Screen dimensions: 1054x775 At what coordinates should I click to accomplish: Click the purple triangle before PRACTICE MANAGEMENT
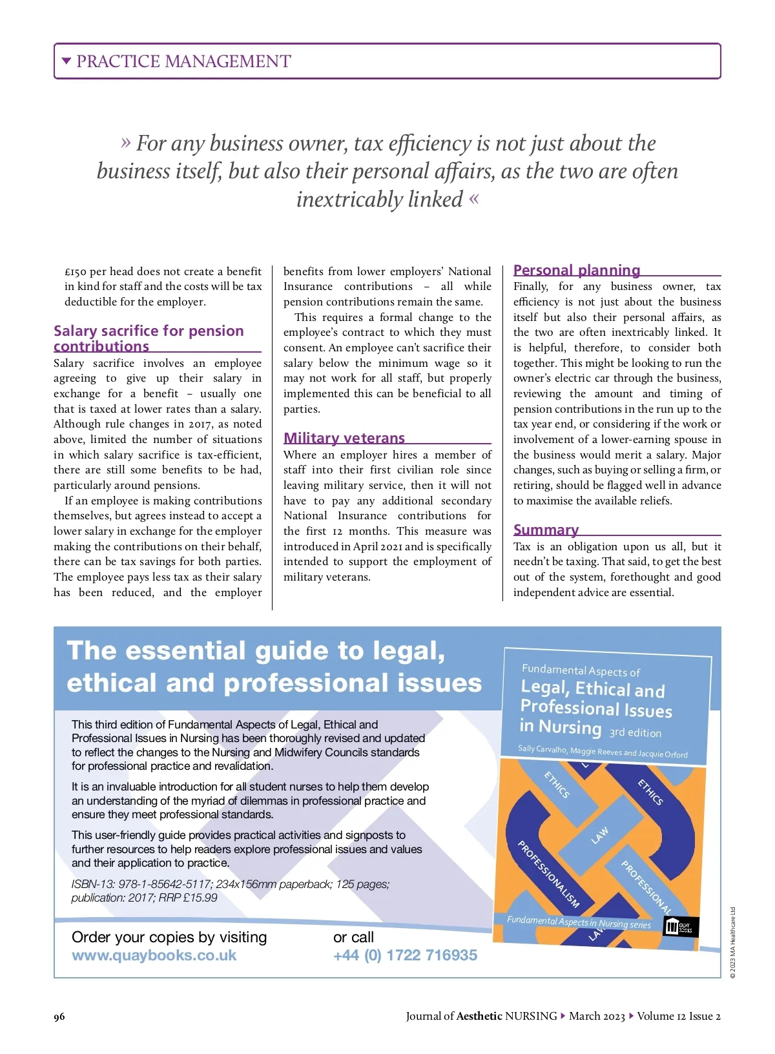point(66,61)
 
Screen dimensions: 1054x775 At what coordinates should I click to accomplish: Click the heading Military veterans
point(344,438)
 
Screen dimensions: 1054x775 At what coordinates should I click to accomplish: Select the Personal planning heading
point(577,270)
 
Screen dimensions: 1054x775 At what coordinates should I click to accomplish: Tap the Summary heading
point(546,530)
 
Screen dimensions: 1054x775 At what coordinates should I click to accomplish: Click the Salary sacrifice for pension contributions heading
point(149,338)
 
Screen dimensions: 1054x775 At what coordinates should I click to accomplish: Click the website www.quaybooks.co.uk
point(154,955)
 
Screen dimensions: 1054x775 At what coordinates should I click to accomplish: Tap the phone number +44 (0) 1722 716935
point(405,955)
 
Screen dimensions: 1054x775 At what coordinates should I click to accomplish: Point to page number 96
point(59,1017)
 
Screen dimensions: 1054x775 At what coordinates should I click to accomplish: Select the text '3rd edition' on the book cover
point(635,732)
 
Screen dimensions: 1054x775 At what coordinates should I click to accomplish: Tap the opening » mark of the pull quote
point(126,142)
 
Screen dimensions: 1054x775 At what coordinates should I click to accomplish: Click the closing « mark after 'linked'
point(475,199)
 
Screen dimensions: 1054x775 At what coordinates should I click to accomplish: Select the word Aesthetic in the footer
point(479,1016)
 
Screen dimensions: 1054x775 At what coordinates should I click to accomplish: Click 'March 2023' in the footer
point(597,1016)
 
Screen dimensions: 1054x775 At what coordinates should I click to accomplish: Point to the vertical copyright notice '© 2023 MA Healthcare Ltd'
point(733,942)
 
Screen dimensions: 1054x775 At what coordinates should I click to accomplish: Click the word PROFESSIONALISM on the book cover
point(548,874)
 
